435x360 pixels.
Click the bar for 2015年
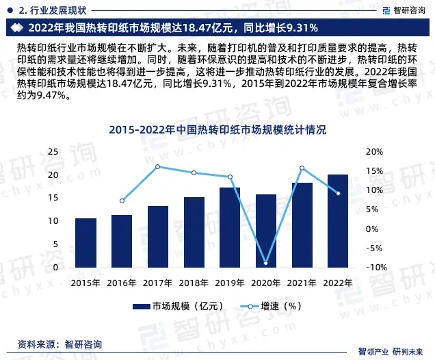point(85,243)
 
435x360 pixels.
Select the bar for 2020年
point(266,231)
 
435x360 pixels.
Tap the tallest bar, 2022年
point(338,221)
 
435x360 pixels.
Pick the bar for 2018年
point(194,233)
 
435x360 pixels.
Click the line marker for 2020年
point(266,263)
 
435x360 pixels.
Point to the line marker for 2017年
point(158,166)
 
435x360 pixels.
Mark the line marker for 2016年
point(122,201)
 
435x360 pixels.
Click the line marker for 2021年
point(302,168)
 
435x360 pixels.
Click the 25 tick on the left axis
point(53,151)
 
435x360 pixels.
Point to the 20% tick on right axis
point(375,151)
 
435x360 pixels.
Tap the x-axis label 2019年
point(230,282)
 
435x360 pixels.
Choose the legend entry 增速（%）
point(270,307)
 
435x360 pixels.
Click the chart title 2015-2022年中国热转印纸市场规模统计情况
point(217,129)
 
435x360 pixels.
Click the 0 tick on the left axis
point(55,267)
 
